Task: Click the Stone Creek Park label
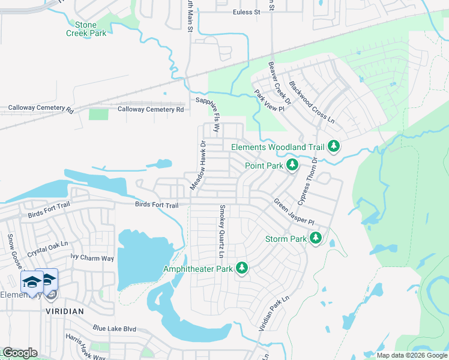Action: point(86,29)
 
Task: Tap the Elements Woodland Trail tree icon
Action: point(334,146)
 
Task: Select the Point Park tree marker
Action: point(292,165)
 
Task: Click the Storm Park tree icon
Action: point(316,239)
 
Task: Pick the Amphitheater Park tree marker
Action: point(242,268)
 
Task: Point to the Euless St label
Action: point(246,12)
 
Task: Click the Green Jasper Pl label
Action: point(294,212)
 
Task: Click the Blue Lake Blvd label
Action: point(115,329)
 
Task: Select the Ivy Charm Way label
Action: point(92,258)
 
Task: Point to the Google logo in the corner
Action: point(19,353)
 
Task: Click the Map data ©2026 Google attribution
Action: point(412,355)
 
